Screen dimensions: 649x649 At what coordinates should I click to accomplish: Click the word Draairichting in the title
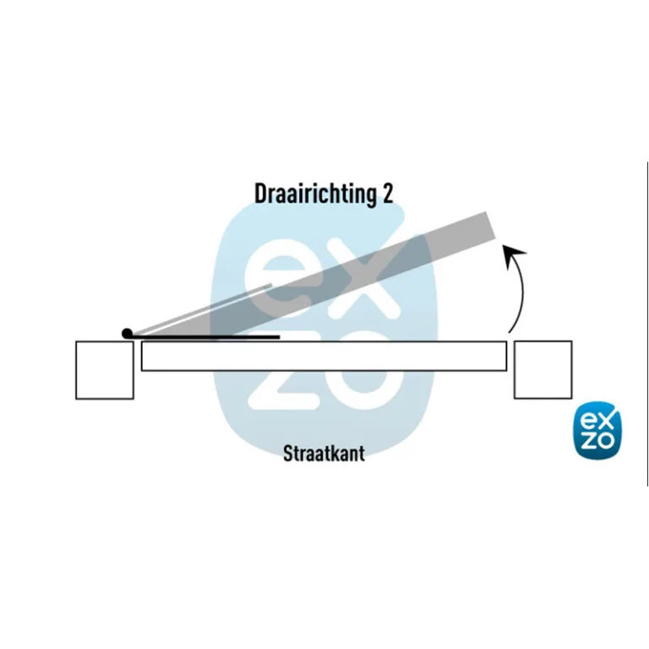coord(315,194)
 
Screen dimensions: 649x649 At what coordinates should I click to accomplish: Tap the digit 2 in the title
coord(387,193)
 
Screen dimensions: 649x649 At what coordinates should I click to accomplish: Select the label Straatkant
coord(324,453)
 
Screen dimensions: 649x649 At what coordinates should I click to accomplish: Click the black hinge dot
coord(127,333)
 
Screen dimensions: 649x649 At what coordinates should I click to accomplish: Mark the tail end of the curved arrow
coord(510,332)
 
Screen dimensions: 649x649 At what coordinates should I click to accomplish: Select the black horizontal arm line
coord(205,337)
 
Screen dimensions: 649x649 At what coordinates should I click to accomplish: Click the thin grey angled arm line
coord(202,309)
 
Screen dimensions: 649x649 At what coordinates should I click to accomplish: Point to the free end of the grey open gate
coord(491,226)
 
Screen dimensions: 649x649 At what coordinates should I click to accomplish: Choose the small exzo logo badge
coord(598,431)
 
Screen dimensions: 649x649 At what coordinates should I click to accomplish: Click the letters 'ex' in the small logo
coord(597,422)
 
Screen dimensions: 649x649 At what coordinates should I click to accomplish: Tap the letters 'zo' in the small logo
coord(597,440)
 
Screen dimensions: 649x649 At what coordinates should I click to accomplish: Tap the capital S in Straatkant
coord(288,453)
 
